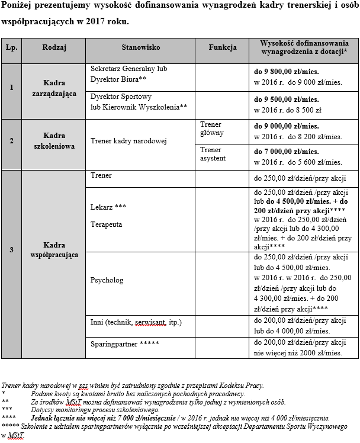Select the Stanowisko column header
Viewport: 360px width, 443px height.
[141, 47]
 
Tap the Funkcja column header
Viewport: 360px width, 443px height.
[223, 47]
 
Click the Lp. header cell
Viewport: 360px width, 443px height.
[11, 47]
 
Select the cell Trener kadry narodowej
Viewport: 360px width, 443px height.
[128, 141]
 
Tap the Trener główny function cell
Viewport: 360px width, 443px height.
[212, 130]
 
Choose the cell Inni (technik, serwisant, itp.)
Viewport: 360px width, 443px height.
[136, 322]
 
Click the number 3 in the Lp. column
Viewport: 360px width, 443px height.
[11, 249]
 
